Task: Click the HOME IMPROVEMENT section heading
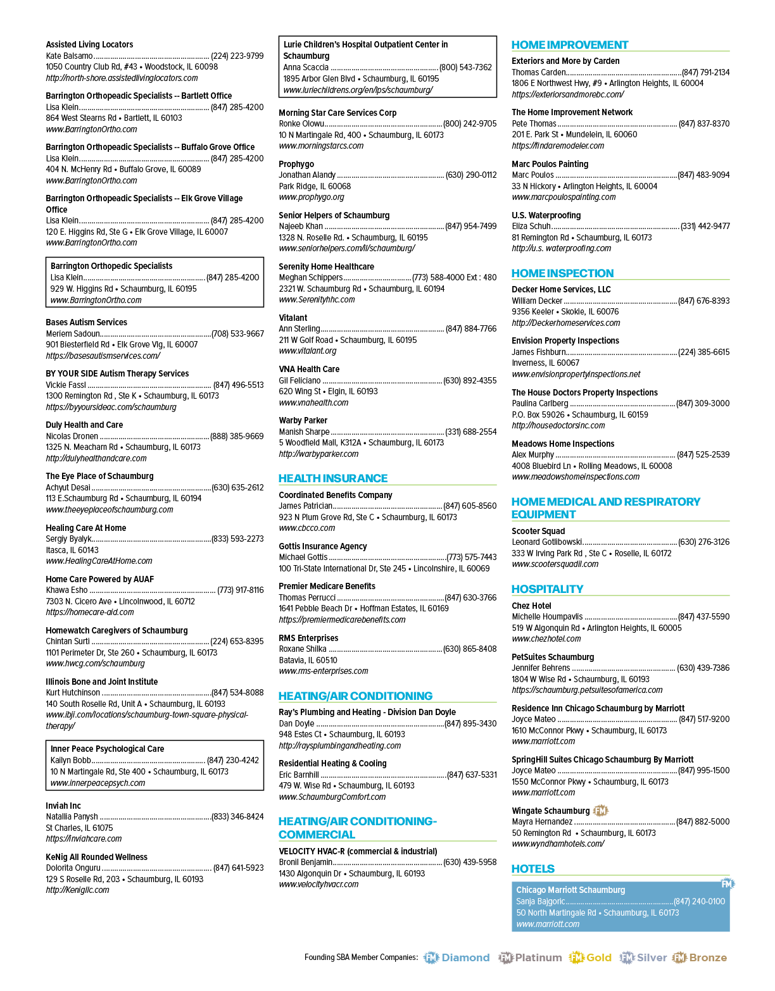point(569,45)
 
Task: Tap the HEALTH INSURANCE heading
point(333,478)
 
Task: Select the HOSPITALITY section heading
point(547,589)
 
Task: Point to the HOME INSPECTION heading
point(562,273)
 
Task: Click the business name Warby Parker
point(303,420)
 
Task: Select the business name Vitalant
point(293,318)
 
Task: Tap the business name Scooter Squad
point(538,531)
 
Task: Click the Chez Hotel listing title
point(531,606)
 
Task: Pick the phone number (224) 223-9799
point(237,56)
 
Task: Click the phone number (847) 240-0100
point(699,901)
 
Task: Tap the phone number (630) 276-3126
point(704,542)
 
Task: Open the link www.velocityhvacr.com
point(319,884)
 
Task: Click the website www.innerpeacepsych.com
point(98,783)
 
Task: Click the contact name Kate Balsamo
point(70,56)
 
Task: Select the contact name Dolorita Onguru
point(73,868)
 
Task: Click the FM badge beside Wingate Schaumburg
point(600,811)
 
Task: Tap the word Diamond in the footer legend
point(466,957)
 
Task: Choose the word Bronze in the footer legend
point(708,957)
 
